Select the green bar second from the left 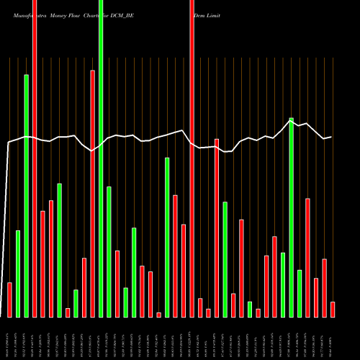click(18, 274)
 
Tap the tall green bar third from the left click(26, 195)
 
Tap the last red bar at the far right click(333, 310)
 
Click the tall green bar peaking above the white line click(292, 217)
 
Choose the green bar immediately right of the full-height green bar click(109, 251)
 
